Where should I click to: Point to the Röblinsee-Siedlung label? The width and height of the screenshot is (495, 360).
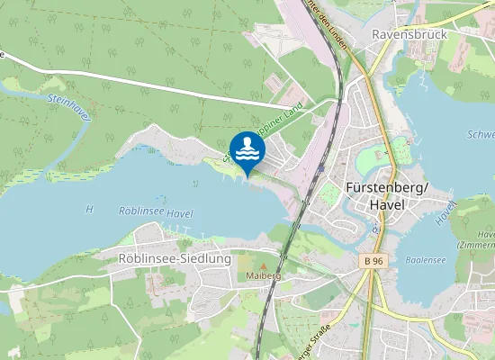click(x=175, y=258)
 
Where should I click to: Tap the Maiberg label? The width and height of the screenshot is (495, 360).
click(x=264, y=274)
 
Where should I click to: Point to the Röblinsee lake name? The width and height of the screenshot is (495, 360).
click(x=141, y=211)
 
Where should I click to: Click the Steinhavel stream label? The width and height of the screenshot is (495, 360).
click(x=68, y=107)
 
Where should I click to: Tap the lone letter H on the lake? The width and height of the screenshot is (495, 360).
click(x=89, y=209)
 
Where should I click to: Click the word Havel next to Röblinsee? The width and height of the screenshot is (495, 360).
click(x=180, y=212)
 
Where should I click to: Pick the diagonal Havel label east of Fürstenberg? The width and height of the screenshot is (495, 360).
click(x=443, y=212)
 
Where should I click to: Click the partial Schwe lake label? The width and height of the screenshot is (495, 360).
click(x=481, y=134)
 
